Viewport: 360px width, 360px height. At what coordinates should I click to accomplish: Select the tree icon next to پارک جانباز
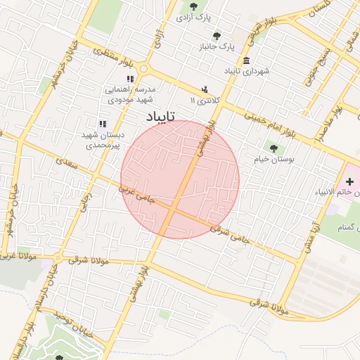point(215,35)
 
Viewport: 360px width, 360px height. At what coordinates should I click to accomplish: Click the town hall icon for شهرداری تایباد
point(245,60)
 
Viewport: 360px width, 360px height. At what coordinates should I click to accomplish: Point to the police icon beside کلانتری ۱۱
point(204,89)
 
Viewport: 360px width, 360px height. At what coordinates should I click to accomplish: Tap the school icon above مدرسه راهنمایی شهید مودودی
point(129,79)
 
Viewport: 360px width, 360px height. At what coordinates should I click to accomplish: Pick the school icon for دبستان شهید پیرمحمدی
point(103,124)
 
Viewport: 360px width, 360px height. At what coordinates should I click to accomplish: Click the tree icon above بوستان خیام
point(273,148)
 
